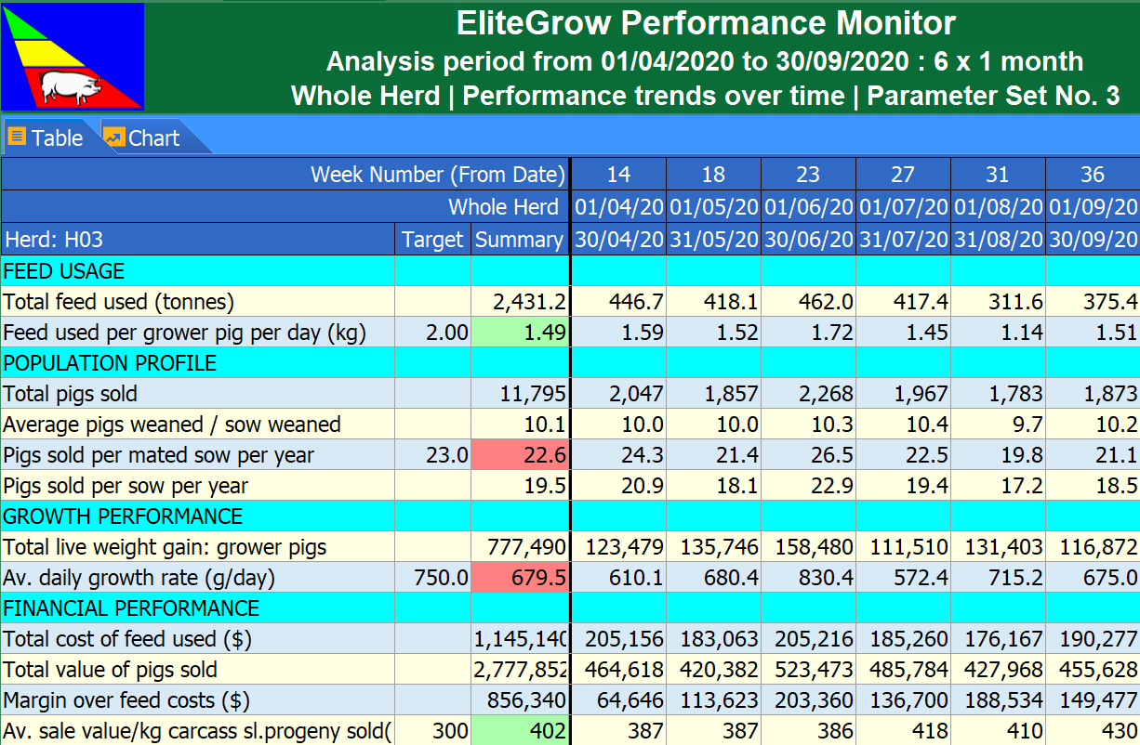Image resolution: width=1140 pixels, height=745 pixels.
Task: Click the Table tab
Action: point(46,138)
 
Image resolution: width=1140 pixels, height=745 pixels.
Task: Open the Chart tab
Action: point(143,138)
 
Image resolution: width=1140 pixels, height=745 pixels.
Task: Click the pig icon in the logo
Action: point(71,87)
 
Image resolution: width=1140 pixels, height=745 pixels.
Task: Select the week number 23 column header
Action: point(807,174)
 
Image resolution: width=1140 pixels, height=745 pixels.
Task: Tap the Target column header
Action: point(432,240)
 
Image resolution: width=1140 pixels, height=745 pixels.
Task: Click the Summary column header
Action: point(519,240)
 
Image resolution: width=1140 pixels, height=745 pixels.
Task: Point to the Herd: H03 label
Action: point(54,240)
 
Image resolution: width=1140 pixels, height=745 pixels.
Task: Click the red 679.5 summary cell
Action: point(520,578)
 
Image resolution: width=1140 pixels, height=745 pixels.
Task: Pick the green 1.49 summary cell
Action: point(520,333)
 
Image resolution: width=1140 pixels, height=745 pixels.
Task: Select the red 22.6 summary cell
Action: point(520,455)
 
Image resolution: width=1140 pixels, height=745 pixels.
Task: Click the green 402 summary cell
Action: point(520,731)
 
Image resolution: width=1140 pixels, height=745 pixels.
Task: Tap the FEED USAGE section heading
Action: point(64,271)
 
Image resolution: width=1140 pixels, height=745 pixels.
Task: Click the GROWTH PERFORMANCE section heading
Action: point(123,516)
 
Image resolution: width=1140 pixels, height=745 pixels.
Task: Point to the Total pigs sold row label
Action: point(71,394)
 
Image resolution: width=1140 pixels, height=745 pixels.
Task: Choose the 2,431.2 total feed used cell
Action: point(520,302)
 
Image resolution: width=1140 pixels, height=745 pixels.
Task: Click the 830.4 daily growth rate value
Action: point(807,578)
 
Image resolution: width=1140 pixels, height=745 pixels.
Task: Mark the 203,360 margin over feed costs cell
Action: point(807,700)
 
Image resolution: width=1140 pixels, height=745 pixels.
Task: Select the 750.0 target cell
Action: point(432,578)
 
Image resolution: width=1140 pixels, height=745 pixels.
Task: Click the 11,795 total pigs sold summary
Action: point(520,394)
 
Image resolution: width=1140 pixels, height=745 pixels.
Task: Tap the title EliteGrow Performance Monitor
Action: point(705,24)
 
